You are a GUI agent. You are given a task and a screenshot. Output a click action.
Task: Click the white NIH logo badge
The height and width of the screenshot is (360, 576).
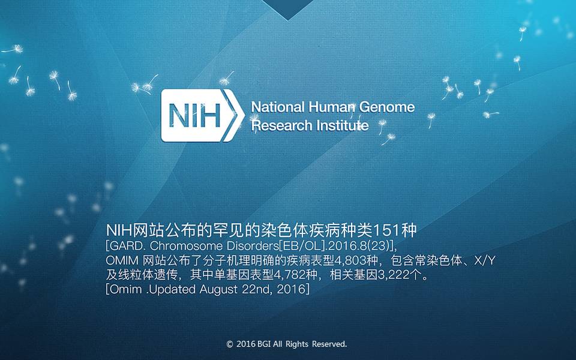coord(202,115)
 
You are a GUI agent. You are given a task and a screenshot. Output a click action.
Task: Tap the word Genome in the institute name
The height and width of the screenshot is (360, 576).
coord(387,107)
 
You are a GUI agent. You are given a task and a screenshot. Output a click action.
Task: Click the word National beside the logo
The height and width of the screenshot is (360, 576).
coord(278,107)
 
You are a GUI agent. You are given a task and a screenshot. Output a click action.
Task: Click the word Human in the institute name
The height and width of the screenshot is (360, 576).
coord(332,107)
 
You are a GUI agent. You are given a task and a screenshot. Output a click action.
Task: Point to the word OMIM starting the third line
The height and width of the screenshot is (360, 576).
coord(122,260)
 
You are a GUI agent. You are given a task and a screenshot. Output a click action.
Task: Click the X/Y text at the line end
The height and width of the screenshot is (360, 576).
coord(485,260)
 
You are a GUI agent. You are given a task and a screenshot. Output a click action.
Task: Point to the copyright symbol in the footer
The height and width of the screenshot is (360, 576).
coord(230,344)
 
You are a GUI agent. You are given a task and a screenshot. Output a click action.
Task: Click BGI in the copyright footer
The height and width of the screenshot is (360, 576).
coord(264,344)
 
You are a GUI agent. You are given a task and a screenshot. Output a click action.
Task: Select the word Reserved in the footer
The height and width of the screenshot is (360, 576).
coord(329,344)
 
